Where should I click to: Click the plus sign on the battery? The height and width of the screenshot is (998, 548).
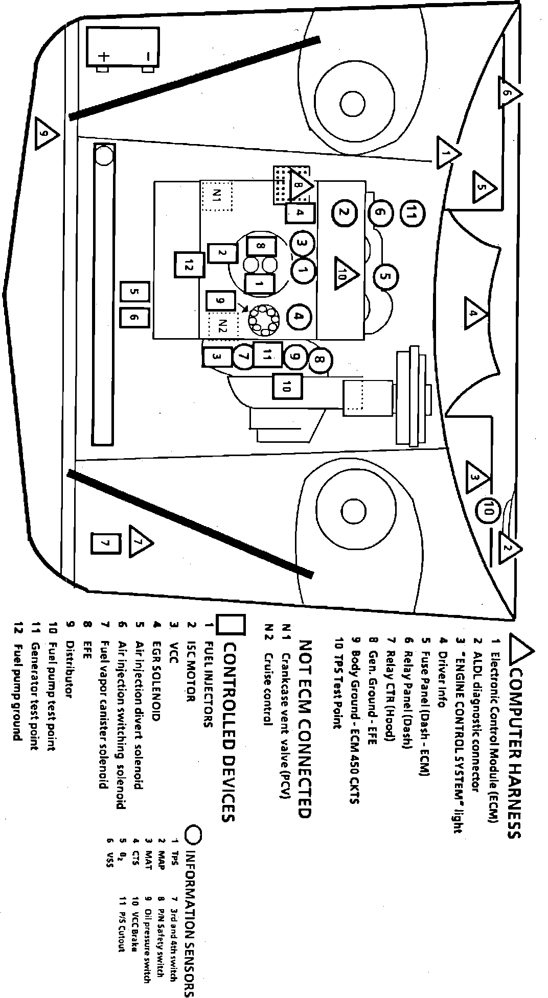[x=104, y=56]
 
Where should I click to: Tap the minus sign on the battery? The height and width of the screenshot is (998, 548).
[x=147, y=56]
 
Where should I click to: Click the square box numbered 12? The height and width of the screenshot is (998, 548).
[x=189, y=266]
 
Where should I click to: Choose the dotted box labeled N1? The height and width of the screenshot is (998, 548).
[x=216, y=195]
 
